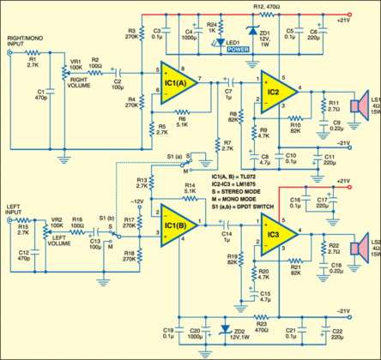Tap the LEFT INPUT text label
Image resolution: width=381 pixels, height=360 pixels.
pos(15,209)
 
